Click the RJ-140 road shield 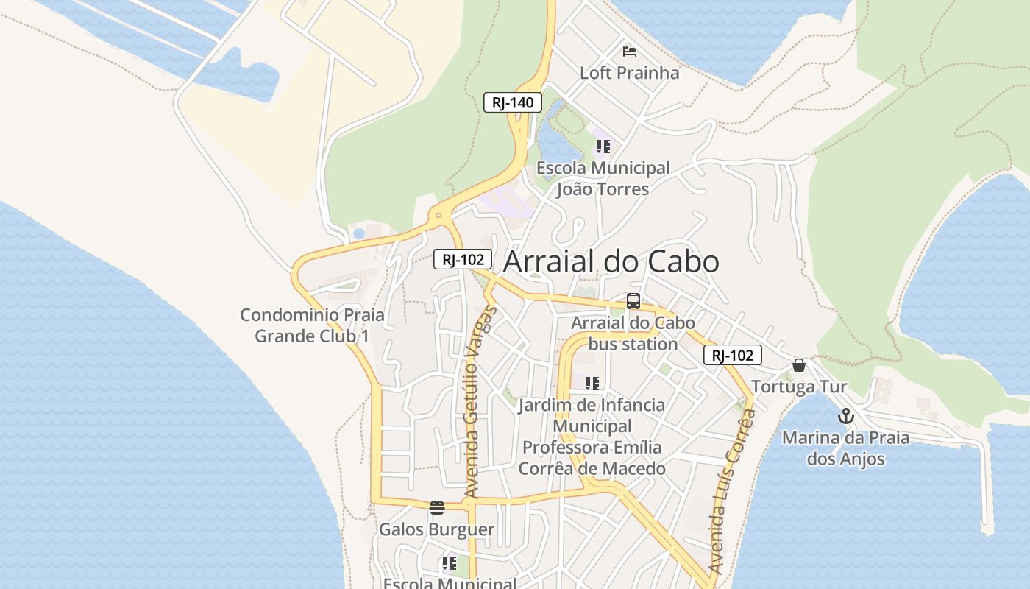tap(513, 102)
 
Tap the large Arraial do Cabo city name tap(611, 261)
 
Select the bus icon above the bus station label tap(633, 300)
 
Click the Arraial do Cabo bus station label tap(633, 334)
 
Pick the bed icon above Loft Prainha tap(630, 51)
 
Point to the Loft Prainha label tap(629, 73)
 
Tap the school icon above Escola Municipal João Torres tap(603, 146)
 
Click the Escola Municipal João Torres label tap(603, 178)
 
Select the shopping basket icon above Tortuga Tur tap(799, 365)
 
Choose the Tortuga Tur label tap(799, 387)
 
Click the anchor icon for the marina tap(846, 417)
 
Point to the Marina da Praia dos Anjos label tap(845, 448)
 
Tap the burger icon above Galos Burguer tap(437, 507)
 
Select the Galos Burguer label tap(436, 529)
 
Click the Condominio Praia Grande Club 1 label tap(312, 325)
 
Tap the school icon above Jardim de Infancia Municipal tap(592, 384)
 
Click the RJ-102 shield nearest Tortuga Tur tap(733, 356)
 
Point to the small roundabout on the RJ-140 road tap(438, 216)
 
